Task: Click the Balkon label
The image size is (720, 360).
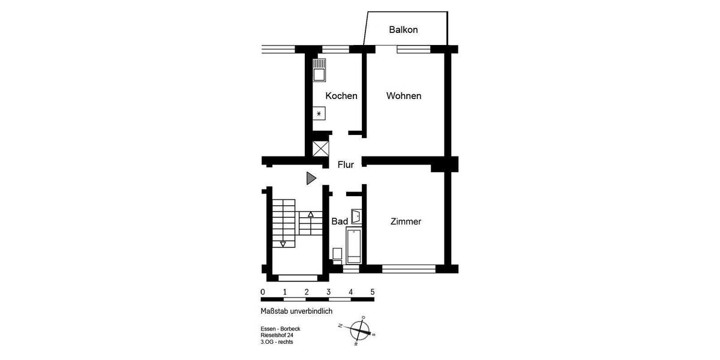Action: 403,29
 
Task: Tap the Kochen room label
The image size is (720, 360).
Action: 341,96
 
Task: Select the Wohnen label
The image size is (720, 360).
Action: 403,96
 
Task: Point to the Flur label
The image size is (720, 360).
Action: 346,165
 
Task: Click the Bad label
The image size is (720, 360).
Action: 340,221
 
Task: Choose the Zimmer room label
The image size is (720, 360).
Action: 406,221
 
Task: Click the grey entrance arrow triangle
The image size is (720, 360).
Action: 310,178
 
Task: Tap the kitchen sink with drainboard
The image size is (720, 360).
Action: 319,71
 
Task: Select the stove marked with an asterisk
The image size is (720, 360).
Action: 319,114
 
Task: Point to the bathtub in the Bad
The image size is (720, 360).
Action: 355,246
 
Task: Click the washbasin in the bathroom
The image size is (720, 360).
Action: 356,215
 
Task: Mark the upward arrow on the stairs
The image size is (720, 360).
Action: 310,214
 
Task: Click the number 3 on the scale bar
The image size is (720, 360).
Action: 328,292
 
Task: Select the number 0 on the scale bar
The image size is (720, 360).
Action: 263,292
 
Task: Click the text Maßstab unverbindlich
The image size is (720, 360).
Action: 296,311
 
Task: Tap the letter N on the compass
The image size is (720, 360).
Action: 340,326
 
